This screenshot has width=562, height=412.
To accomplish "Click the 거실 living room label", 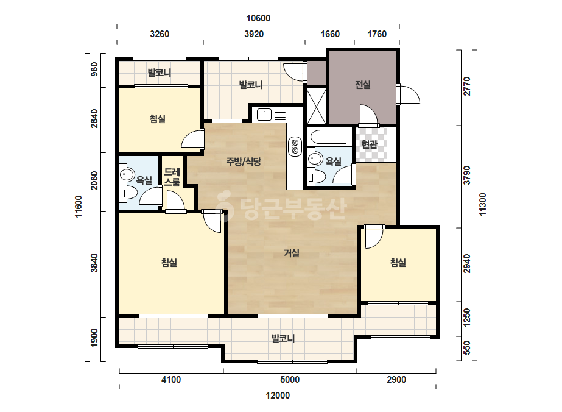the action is click(292, 254).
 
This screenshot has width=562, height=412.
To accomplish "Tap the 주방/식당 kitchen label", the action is click(244, 162).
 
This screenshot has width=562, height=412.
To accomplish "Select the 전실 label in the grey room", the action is click(363, 85).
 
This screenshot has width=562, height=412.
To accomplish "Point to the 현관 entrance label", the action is click(370, 144).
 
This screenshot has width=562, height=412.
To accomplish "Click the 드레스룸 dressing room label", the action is click(172, 177).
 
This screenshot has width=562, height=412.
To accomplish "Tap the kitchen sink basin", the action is click(264, 115).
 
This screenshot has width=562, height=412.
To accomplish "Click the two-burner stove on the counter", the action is click(295, 146).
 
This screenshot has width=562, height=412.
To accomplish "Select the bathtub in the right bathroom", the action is click(329, 137).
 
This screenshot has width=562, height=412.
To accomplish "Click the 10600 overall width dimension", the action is click(258, 18).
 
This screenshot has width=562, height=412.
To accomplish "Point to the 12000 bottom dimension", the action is click(278, 396).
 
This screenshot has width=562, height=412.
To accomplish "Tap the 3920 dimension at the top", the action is click(254, 34).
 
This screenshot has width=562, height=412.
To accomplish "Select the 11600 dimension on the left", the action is click(79, 207).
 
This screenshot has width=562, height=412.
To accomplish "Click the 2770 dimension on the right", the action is click(467, 87).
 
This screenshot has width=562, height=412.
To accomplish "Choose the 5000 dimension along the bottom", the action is click(290, 380).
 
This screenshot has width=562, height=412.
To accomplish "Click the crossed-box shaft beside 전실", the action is click(317, 106).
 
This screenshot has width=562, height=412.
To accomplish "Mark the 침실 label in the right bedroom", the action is click(398, 263).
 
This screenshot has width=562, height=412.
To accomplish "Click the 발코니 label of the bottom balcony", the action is click(283, 338).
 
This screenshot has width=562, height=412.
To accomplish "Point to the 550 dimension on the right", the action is click(467, 348).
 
